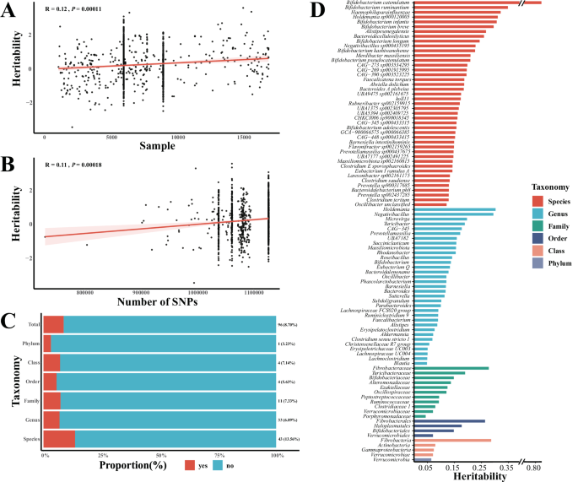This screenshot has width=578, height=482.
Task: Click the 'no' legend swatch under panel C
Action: [x=203, y=467]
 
